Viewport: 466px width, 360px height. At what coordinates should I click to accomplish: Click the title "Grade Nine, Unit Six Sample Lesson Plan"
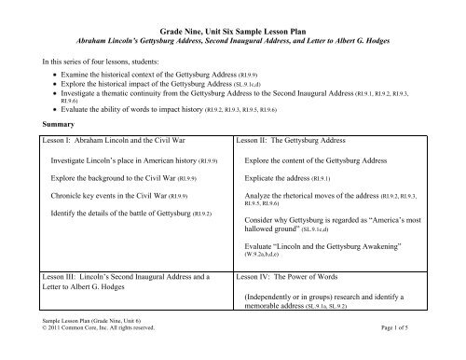233,31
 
